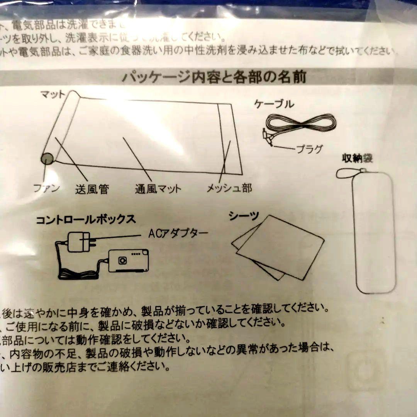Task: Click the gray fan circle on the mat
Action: (47, 158)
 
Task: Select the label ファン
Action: (47, 188)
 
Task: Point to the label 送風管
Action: (92, 189)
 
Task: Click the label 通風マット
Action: (158, 189)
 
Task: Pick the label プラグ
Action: (309, 149)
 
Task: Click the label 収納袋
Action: (357, 158)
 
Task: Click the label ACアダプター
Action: (178, 233)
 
